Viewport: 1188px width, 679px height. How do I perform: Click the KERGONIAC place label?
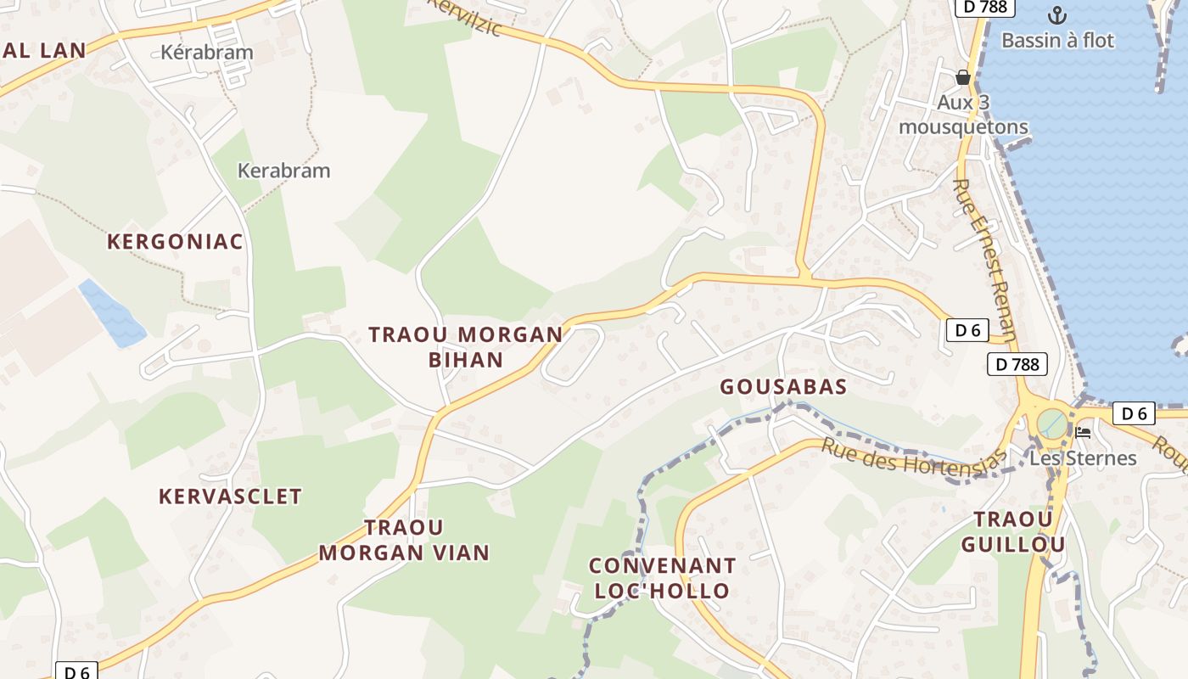[x=175, y=242]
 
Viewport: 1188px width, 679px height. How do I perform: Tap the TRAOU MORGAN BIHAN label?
[x=466, y=346]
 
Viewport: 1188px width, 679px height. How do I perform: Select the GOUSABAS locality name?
[x=783, y=387]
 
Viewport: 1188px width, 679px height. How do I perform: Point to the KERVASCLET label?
[x=230, y=497]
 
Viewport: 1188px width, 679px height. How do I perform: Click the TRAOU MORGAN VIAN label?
[x=404, y=540]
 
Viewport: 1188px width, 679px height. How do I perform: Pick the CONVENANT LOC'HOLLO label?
[x=662, y=578]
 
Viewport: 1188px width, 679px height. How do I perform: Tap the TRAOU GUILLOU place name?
[x=1012, y=531]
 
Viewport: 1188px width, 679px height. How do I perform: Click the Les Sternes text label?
[x=1083, y=458]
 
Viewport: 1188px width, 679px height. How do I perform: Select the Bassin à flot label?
[x=1057, y=40]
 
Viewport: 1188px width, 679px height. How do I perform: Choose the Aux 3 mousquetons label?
[x=963, y=115]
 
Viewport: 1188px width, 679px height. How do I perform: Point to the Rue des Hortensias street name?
[x=913, y=459]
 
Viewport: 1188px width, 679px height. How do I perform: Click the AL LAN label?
[x=44, y=50]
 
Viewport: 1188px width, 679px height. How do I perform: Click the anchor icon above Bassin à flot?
[x=1056, y=14]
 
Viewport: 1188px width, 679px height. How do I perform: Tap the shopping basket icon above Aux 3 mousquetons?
[x=963, y=77]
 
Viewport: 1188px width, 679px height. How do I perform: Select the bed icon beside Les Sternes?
[x=1083, y=432]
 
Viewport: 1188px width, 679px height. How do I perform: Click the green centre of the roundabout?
[x=1052, y=422]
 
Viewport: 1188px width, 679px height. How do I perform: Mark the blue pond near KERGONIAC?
[x=112, y=312]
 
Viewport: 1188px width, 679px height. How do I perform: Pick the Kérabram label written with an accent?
[x=207, y=53]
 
